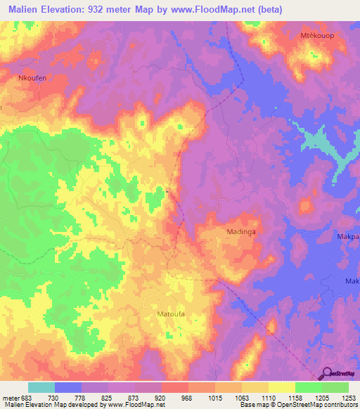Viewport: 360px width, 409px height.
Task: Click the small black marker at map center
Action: click(167, 190)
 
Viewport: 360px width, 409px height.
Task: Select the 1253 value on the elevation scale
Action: click(349, 397)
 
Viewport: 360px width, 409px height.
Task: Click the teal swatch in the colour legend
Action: click(41, 387)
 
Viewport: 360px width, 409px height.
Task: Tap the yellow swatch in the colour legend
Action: click(281, 387)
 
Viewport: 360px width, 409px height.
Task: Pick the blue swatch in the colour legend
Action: click(68, 387)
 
